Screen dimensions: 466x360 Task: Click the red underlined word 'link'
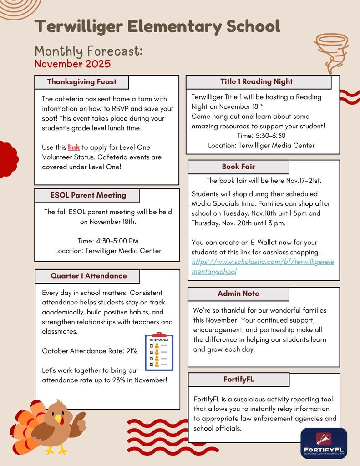point(74,147)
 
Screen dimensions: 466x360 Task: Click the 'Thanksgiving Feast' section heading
point(82,82)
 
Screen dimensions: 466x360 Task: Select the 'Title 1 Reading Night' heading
point(256,81)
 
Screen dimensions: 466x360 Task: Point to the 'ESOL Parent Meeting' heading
point(88,195)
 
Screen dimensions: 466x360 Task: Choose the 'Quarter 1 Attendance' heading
point(89,276)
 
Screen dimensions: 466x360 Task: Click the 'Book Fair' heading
point(238,167)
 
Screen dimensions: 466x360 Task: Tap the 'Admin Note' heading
point(238,294)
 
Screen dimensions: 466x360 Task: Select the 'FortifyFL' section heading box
point(238,379)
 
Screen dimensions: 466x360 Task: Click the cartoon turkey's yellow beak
point(58,418)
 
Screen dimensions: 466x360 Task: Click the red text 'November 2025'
point(72,64)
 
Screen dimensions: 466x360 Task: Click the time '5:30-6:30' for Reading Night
point(261,136)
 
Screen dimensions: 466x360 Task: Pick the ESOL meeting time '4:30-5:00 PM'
point(108,241)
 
